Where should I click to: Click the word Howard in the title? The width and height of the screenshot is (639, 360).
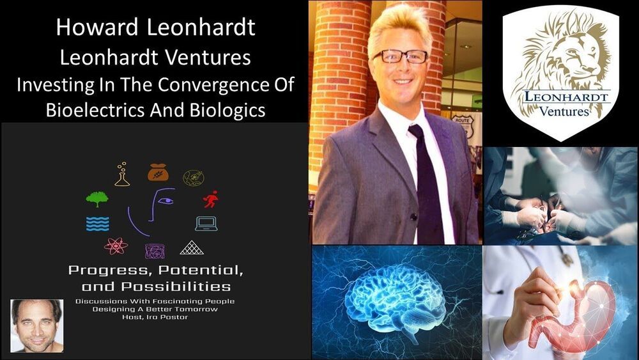(98, 27)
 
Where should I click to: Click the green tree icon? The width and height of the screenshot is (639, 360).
(97, 199)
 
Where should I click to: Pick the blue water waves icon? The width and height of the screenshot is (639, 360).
(98, 224)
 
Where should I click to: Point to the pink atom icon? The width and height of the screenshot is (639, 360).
(116, 246)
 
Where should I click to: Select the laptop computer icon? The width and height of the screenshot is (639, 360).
(206, 223)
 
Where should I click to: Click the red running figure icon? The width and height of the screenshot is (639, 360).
(211, 199)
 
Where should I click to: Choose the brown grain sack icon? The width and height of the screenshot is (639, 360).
(158, 172)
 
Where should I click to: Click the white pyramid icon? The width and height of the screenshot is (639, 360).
(192, 247)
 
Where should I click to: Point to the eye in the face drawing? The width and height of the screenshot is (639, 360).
(166, 201)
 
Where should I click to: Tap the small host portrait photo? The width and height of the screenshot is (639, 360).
(37, 325)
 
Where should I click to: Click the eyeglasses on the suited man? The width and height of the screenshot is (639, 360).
(400, 56)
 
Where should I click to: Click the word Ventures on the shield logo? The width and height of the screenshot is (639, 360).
(564, 111)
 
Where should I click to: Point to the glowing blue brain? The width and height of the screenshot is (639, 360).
(394, 300)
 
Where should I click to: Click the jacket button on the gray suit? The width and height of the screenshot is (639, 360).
(414, 217)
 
